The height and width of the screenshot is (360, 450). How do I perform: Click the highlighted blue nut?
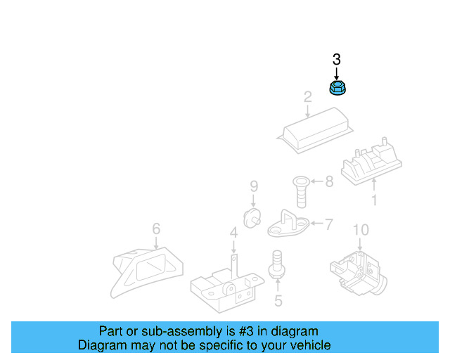(337, 88)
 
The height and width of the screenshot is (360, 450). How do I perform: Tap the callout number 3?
(336, 59)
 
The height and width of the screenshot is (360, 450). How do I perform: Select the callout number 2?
(307, 96)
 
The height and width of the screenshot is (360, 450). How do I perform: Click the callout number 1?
(374, 201)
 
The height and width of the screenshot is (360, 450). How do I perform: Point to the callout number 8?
(328, 181)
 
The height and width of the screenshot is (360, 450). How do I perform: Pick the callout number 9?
(254, 186)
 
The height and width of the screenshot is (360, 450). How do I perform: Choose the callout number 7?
(328, 224)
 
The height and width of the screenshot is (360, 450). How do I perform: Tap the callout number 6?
(156, 229)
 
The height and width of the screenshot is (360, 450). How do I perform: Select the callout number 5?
(278, 302)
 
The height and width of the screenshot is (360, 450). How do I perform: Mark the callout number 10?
(360, 230)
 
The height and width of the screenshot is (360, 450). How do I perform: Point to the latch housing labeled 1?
(371, 164)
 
